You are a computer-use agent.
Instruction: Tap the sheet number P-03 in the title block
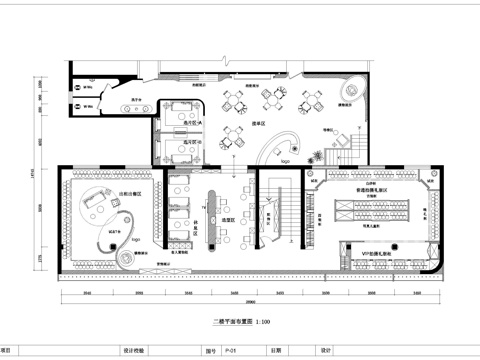[x=230, y=351]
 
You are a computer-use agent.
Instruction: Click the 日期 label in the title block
[x=275, y=351]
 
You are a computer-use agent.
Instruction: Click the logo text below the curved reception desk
[x=285, y=158]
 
